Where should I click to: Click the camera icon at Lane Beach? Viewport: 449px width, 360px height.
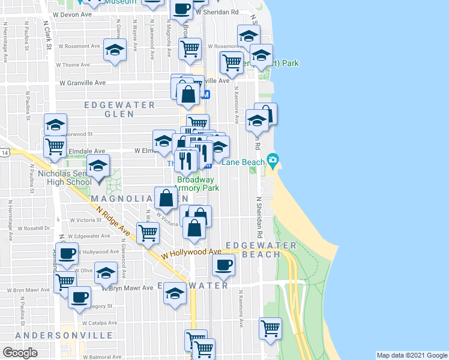[x=273, y=159]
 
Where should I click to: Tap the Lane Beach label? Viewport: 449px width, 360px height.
[x=243, y=163]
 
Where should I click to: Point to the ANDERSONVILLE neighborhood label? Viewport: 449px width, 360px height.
[x=65, y=335]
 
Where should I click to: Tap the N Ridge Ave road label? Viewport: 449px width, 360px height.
[x=113, y=221]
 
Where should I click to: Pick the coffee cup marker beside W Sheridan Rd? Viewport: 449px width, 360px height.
[x=181, y=10]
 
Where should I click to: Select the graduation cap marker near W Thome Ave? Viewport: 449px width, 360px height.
[x=114, y=50]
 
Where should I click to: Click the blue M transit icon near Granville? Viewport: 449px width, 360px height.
[x=205, y=94]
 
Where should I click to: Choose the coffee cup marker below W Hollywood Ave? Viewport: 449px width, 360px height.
[x=224, y=265]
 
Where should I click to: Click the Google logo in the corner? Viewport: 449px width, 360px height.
[x=20, y=353]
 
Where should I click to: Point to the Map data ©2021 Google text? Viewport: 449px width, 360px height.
[x=411, y=355]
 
